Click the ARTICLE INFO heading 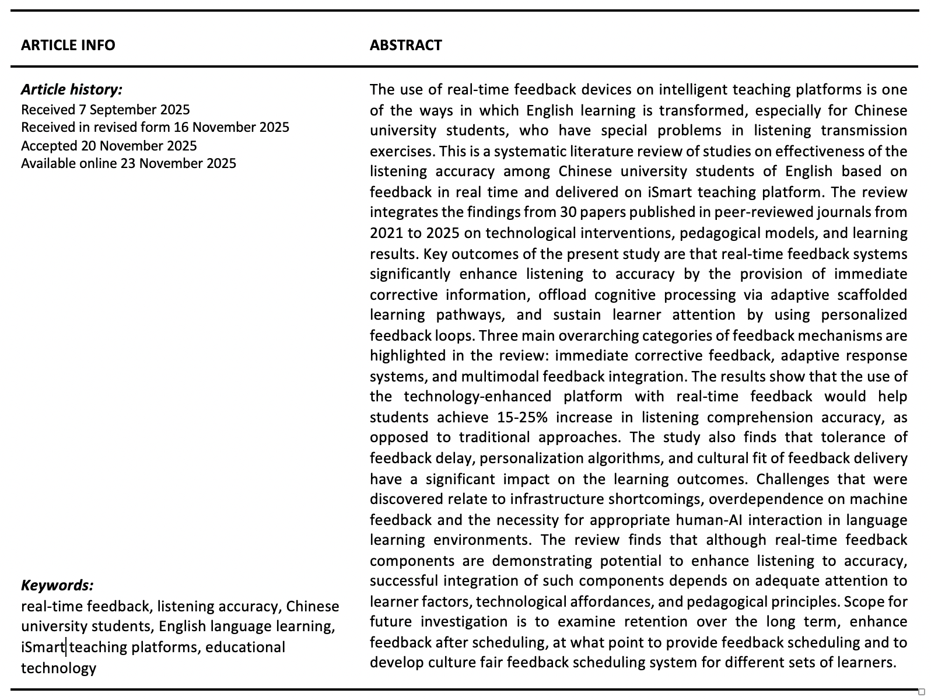click(68, 45)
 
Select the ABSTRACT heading click(405, 45)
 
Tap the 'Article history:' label click(72, 89)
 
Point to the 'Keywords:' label click(57, 585)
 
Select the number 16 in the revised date click(181, 127)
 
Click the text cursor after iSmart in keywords click(66, 647)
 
